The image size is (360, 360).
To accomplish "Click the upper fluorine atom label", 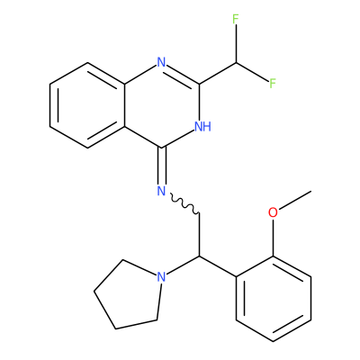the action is pyautogui.click(x=236, y=20).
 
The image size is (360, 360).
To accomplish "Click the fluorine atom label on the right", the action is pyautogui.click(x=273, y=83).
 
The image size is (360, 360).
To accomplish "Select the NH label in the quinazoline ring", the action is pyautogui.click(x=202, y=126).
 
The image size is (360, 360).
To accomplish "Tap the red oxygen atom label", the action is pyautogui.click(x=273, y=212).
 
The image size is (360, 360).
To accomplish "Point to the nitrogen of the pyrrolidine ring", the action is pyautogui.click(x=161, y=276).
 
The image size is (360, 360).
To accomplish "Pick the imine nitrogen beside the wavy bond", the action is pyautogui.click(x=161, y=190).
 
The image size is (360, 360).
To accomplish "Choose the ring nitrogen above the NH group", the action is pyautogui.click(x=161, y=62).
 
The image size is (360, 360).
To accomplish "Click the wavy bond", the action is pyautogui.click(x=184, y=204).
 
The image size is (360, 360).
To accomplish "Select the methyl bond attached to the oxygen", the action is pyautogui.click(x=295, y=199).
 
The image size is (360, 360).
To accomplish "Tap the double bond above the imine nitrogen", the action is pyautogui.click(x=161, y=166).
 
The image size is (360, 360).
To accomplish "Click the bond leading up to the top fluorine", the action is pyautogui.click(x=236, y=44).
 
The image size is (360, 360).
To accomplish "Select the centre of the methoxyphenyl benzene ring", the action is pyautogui.click(x=274, y=299).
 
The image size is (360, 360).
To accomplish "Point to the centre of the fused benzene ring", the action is pyautogui.click(x=87, y=105).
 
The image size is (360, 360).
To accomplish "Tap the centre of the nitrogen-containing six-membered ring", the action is pyautogui.click(x=162, y=105).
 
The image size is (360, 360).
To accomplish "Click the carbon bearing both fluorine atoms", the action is pyautogui.click(x=236, y=63).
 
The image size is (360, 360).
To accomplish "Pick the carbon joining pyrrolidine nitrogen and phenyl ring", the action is pyautogui.click(x=199, y=256).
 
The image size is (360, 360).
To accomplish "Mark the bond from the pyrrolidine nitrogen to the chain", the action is pyautogui.click(x=183, y=265).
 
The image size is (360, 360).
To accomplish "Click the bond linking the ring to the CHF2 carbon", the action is pyautogui.click(x=218, y=73).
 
